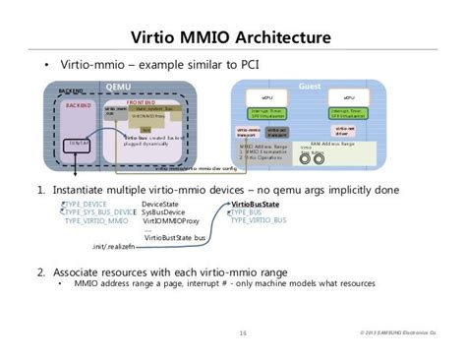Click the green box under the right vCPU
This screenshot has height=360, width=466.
[x=348, y=114]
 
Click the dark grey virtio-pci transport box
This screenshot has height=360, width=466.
[x=278, y=131]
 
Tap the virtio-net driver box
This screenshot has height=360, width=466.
[x=344, y=131]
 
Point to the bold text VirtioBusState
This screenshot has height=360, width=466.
[x=254, y=204]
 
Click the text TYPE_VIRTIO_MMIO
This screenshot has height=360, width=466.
[x=96, y=221]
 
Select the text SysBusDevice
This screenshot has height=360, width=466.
[x=166, y=212]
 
